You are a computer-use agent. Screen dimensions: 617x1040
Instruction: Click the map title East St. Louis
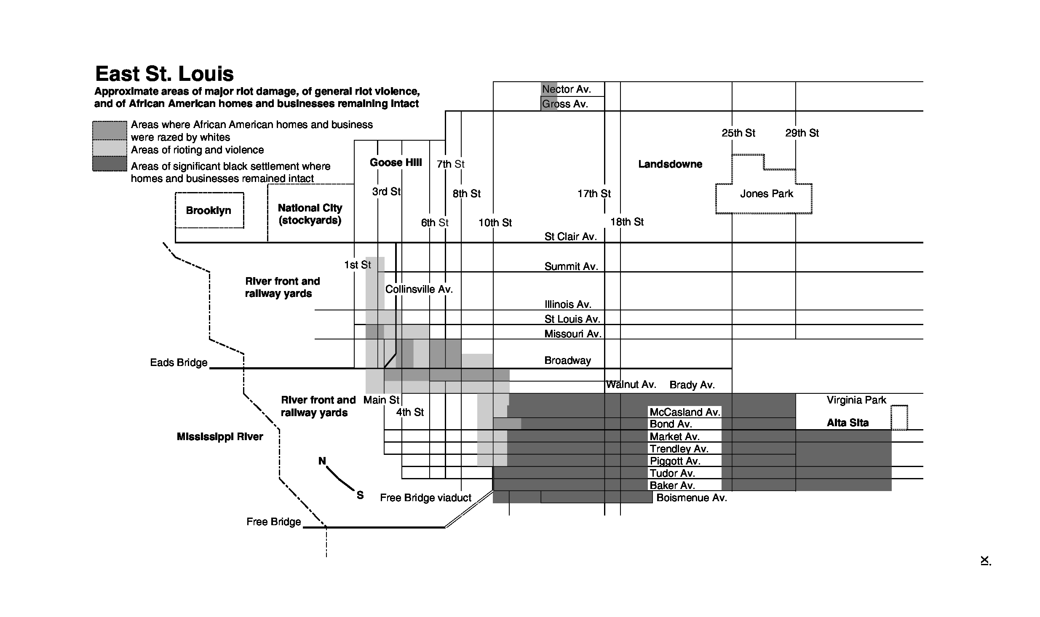pyautogui.click(x=164, y=74)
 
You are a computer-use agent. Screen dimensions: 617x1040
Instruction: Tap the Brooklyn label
pyautogui.click(x=209, y=211)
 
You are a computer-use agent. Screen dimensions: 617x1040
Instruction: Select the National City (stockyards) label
pyautogui.click(x=310, y=214)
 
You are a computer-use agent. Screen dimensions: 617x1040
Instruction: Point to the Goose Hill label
pyautogui.click(x=396, y=163)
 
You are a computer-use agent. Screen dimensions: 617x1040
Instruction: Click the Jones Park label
pyautogui.click(x=767, y=194)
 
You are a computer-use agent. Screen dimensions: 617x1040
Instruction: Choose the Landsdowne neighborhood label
pyautogui.click(x=670, y=164)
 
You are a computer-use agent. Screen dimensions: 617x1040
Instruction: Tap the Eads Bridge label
pyautogui.click(x=179, y=363)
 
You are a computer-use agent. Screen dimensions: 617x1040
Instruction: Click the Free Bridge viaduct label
pyautogui.click(x=425, y=498)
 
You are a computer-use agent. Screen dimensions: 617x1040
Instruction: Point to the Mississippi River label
pyautogui.click(x=220, y=437)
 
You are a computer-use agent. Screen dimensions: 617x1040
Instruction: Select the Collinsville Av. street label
pyautogui.click(x=419, y=289)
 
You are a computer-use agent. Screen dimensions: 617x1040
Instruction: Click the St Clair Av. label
pyautogui.click(x=570, y=237)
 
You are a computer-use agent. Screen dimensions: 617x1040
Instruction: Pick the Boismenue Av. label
pyautogui.click(x=692, y=498)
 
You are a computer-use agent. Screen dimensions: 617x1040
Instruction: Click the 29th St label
pyautogui.click(x=802, y=133)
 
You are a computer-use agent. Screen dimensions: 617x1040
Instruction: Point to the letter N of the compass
pyautogui.click(x=322, y=461)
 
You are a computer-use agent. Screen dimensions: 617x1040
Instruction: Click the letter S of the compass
pyautogui.click(x=360, y=495)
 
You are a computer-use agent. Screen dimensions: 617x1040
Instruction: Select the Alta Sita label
pyautogui.click(x=848, y=423)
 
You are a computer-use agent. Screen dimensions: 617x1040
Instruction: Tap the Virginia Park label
pyautogui.click(x=856, y=400)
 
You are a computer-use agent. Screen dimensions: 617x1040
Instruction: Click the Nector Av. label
pyautogui.click(x=567, y=89)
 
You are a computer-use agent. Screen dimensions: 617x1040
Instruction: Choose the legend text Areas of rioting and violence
pyautogui.click(x=197, y=150)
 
